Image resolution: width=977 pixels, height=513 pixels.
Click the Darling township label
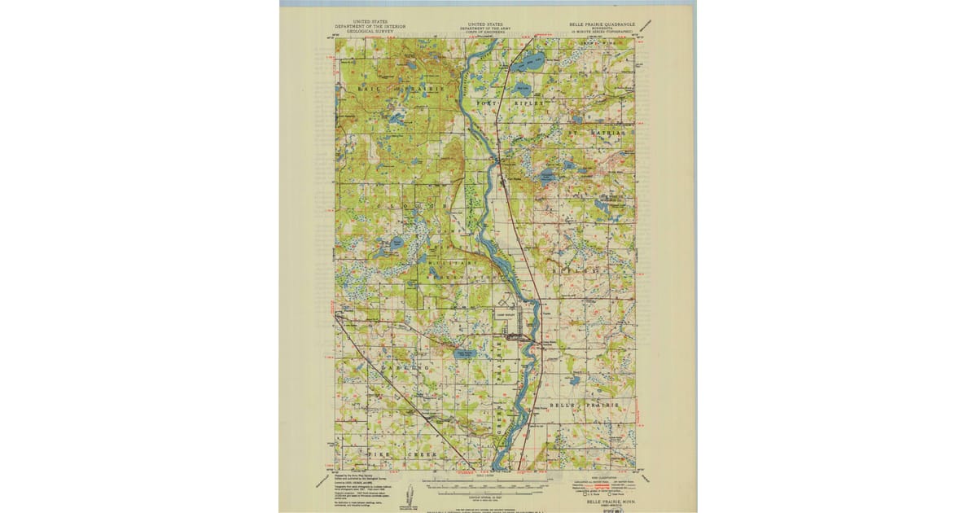403,369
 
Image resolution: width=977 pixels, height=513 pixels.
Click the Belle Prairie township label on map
584,405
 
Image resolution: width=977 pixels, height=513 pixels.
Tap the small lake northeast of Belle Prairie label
576,380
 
